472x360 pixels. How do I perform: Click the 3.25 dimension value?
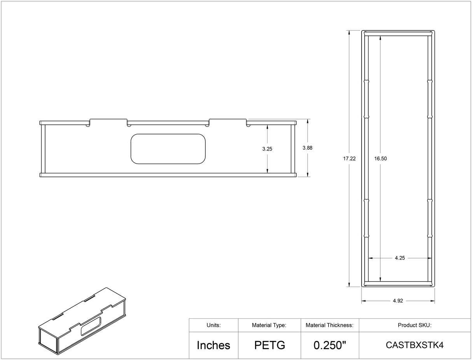pyautogui.click(x=267, y=149)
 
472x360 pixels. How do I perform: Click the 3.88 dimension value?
pyautogui.click(x=307, y=148)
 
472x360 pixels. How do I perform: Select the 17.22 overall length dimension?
pyautogui.click(x=349, y=159)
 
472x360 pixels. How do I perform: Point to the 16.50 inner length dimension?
pyautogui.click(x=380, y=159)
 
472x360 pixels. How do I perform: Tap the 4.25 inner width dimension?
pyautogui.click(x=399, y=258)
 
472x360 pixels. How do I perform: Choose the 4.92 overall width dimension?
pyautogui.click(x=398, y=301)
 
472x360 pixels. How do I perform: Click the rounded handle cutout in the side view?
pyautogui.click(x=168, y=149)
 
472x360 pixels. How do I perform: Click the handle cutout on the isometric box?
pyautogui.click(x=91, y=326)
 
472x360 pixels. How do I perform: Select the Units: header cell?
pyautogui.click(x=213, y=325)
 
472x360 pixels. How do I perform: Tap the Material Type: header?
pyautogui.click(x=269, y=325)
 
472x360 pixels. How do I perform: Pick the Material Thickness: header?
pyautogui.click(x=329, y=325)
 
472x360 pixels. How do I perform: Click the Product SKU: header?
pyautogui.click(x=414, y=325)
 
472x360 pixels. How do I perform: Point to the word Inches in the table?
pyautogui.click(x=213, y=345)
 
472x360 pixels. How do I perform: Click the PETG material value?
pyautogui.click(x=269, y=345)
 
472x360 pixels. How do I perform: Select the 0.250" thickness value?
pyautogui.click(x=330, y=345)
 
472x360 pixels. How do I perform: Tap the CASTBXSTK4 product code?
pyautogui.click(x=414, y=345)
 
